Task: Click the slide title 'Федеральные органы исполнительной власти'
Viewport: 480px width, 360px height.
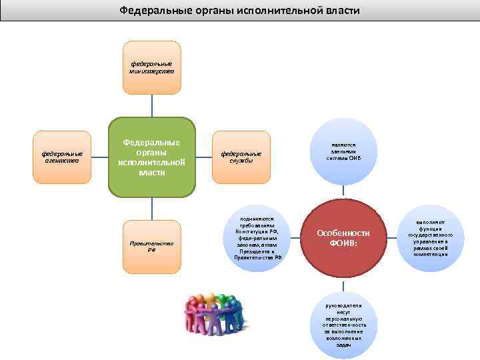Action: click(239, 11)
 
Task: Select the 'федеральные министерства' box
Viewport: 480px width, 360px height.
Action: click(152, 67)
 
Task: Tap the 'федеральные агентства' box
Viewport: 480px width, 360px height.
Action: click(62, 157)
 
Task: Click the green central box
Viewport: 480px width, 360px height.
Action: click(152, 158)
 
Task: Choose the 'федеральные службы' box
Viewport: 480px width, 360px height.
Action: click(241, 157)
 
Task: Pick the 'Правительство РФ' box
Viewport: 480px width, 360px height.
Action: click(152, 246)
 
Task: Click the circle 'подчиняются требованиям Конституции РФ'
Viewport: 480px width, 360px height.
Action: click(259, 239)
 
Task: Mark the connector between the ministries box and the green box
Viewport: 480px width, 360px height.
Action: click(152, 105)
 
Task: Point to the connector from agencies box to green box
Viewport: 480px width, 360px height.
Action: click(99, 157)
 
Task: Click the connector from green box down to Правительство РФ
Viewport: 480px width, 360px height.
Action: click(152, 209)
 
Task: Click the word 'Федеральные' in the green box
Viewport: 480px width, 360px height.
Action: click(152, 142)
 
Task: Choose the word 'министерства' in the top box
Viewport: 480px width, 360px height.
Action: click(152, 71)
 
